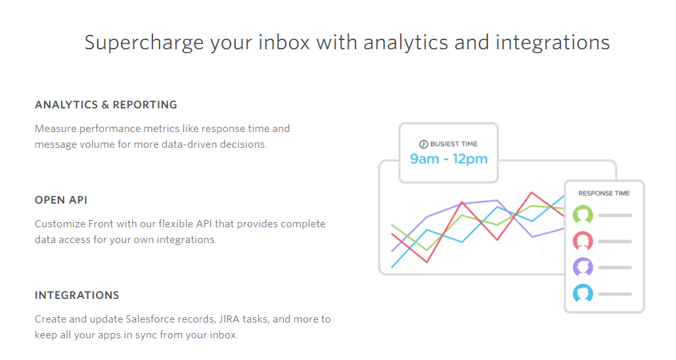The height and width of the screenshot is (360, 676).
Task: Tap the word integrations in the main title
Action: (552, 43)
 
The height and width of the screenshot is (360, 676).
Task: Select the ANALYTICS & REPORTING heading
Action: (106, 104)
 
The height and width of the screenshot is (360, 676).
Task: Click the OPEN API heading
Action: (61, 200)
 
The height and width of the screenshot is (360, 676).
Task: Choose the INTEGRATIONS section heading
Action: (77, 296)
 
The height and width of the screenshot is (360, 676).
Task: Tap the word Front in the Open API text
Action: (99, 224)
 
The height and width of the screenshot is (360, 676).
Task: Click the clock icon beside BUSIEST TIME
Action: (424, 144)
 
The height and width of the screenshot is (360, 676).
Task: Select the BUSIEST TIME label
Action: (454, 144)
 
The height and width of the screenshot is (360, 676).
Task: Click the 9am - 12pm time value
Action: (449, 159)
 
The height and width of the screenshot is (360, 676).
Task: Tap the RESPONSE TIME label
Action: (604, 194)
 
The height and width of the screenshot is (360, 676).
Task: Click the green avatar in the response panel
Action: (583, 215)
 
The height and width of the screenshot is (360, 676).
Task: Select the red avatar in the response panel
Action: (583, 242)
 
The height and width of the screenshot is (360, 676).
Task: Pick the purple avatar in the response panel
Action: (583, 267)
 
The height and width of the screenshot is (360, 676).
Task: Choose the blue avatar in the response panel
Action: (583, 294)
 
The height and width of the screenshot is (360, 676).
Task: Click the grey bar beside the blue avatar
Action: (615, 294)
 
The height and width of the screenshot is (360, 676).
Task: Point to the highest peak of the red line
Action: (532, 192)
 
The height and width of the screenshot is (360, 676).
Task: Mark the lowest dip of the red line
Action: (427, 261)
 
